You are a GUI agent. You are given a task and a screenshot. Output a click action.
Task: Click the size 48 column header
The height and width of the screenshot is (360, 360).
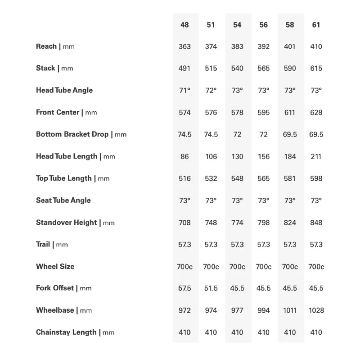point(184,25)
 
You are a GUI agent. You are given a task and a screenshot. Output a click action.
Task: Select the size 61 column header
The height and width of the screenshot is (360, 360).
point(316,25)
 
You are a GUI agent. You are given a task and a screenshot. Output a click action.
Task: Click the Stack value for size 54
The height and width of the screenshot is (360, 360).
point(237,68)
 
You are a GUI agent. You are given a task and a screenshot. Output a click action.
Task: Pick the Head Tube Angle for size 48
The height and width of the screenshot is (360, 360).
point(184,90)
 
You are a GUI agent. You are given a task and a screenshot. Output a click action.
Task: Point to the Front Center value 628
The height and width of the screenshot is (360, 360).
point(316,112)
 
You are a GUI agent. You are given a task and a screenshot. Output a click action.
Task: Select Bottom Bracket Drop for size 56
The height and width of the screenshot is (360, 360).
point(264,134)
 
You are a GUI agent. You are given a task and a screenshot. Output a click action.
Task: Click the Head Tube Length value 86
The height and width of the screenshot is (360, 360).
point(184,156)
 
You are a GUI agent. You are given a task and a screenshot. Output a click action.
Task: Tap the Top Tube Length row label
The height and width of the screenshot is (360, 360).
point(72,178)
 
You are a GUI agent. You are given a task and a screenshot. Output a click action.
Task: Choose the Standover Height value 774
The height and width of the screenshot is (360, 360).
point(237,223)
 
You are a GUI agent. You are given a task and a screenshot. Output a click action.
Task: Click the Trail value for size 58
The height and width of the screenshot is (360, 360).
point(290,244)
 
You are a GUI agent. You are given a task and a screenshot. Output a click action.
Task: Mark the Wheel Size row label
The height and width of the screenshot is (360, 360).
point(55,266)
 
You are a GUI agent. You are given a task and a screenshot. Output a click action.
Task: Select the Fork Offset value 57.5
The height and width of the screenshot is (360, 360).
point(184,288)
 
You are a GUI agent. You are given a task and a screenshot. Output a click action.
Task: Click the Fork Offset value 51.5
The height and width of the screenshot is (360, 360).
point(211,288)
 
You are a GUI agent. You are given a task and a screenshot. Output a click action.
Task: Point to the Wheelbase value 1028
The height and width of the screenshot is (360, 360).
point(316,310)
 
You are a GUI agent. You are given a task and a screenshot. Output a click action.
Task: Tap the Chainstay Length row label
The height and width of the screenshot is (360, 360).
point(75,333)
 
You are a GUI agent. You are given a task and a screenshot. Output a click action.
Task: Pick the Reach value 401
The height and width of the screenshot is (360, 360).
point(290,46)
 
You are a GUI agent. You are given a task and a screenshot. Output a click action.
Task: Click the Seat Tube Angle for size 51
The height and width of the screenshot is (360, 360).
point(211,201)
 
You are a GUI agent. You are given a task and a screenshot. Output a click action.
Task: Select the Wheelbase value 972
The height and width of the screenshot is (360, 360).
point(184,310)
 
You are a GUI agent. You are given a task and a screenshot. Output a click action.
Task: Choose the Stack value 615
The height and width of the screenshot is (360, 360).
point(316,68)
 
